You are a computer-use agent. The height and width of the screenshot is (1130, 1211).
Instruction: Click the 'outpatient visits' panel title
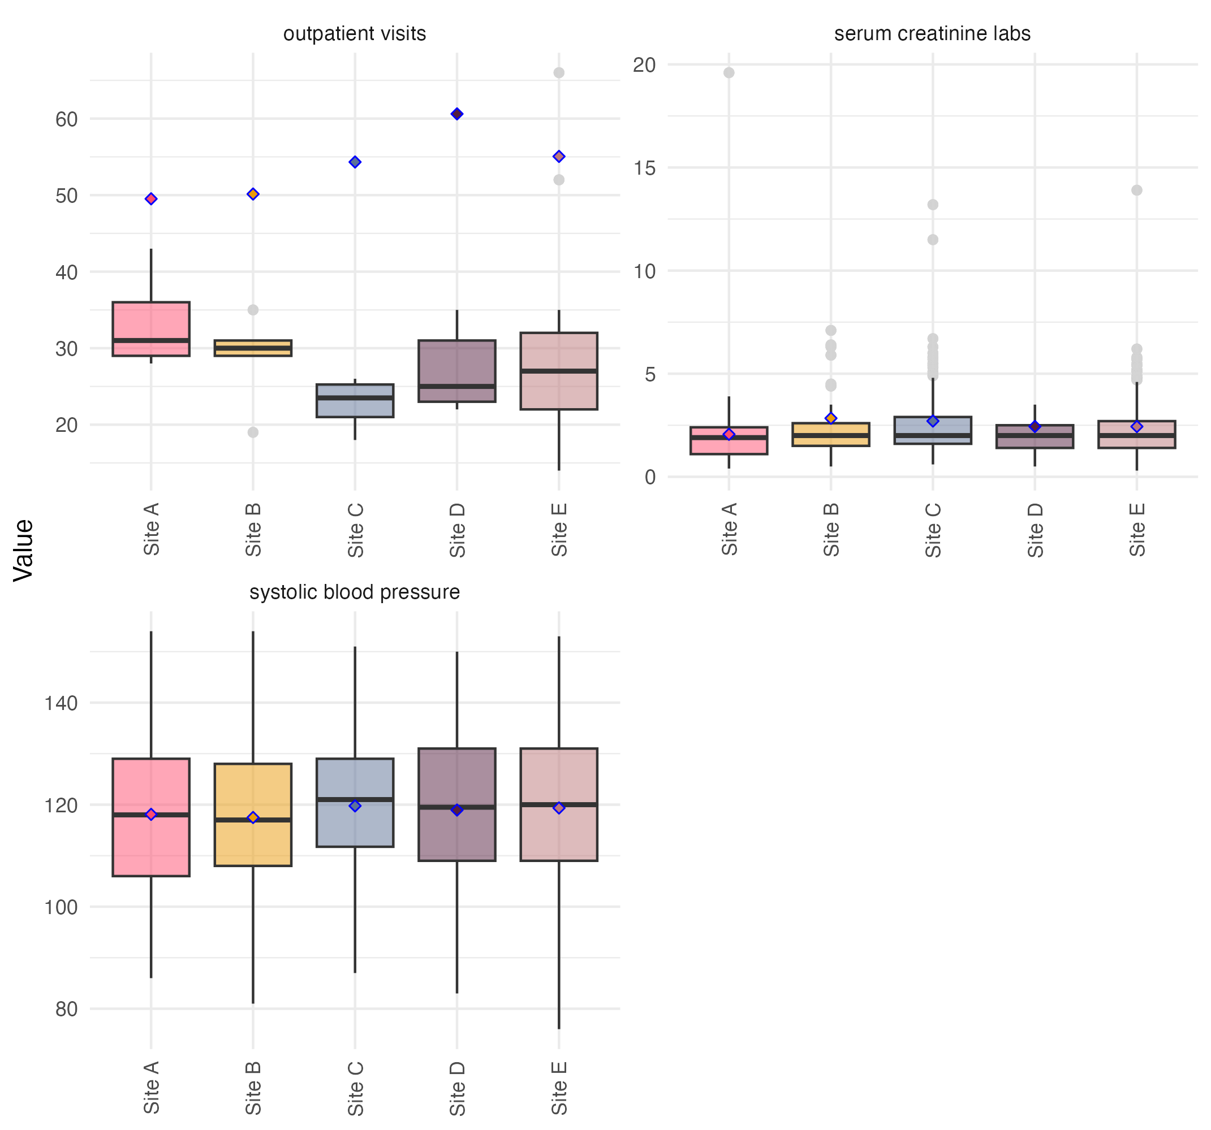tap(355, 33)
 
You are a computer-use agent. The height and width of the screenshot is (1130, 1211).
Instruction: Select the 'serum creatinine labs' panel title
tap(932, 33)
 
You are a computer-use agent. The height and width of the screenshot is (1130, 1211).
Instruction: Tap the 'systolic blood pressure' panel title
tap(355, 592)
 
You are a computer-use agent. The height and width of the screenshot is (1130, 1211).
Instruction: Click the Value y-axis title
tap(23, 551)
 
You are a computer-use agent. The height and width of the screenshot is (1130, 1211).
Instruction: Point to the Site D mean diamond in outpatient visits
tap(457, 114)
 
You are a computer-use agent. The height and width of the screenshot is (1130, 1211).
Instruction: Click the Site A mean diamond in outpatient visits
tap(151, 199)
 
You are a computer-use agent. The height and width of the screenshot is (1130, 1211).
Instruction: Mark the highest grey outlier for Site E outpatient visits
tap(559, 73)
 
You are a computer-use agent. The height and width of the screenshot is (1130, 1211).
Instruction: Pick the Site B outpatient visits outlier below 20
tap(253, 432)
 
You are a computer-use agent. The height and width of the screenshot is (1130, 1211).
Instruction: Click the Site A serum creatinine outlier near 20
tap(729, 73)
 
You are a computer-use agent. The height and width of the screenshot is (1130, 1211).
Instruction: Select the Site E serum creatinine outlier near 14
tap(1137, 190)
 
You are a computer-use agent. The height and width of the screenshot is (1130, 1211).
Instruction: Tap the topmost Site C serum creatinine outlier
tap(933, 205)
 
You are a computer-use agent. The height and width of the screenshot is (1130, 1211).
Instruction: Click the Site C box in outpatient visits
tap(355, 401)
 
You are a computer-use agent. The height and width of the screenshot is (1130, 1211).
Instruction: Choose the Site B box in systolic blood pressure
tap(253, 815)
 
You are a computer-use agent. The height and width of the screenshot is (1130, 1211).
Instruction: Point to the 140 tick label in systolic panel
tap(61, 703)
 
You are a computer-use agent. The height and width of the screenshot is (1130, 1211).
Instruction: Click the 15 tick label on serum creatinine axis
tap(644, 168)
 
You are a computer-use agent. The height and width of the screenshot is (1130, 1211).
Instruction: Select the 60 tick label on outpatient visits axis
tap(66, 119)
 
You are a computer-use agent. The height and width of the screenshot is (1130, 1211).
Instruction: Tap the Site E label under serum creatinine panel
tap(1137, 530)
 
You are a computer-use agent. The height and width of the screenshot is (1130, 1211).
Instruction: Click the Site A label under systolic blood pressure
tap(151, 1088)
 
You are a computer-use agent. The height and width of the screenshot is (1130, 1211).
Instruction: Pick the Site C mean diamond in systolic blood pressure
tap(355, 806)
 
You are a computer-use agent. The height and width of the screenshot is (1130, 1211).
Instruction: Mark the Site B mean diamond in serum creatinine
tap(831, 418)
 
